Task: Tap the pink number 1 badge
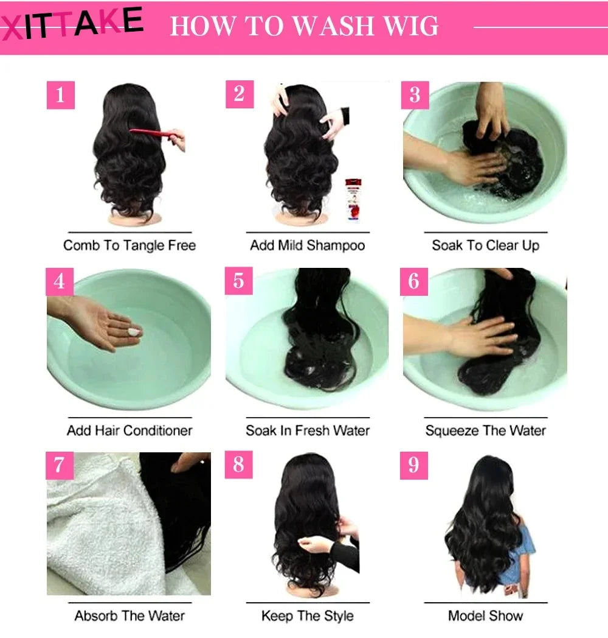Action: click(x=60, y=95)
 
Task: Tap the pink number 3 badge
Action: click(x=415, y=95)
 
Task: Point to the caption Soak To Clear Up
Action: click(x=485, y=245)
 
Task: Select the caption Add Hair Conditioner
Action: click(x=130, y=430)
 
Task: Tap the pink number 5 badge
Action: click(x=238, y=281)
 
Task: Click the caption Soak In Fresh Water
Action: click(x=308, y=430)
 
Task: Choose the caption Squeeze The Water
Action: click(x=485, y=430)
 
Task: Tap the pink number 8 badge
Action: click(x=238, y=465)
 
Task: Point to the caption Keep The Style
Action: click(x=307, y=615)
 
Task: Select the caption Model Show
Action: click(x=485, y=615)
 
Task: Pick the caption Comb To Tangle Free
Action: click(x=130, y=245)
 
